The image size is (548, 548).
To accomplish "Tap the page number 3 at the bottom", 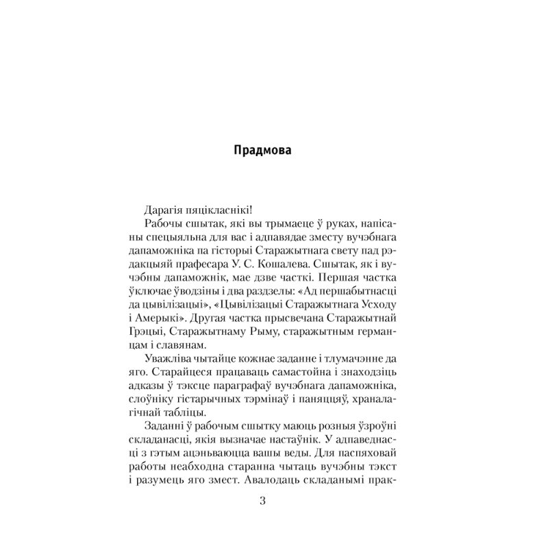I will pos(264,501).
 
